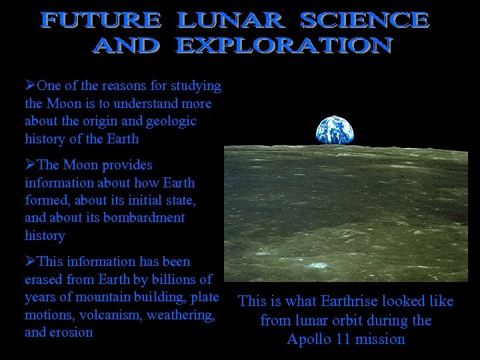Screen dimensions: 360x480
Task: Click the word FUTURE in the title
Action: coord(101,21)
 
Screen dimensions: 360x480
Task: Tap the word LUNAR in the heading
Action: coord(230,21)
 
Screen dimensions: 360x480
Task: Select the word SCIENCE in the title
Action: coord(364,21)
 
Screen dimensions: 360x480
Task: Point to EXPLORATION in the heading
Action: coord(284,45)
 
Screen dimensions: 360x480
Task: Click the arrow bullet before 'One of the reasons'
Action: coord(30,86)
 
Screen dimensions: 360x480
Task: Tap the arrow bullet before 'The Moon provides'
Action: coord(30,165)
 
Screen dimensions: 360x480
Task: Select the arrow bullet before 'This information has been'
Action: coord(30,262)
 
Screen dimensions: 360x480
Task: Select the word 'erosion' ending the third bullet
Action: coord(71,332)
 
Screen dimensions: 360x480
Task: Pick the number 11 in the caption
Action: coord(344,339)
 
